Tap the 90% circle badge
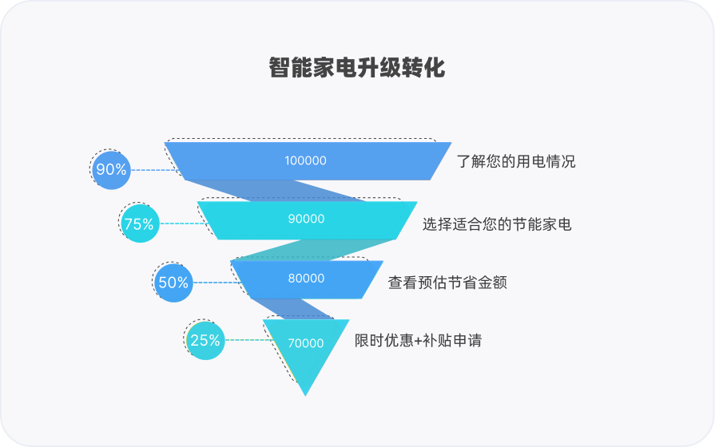(x=111, y=169)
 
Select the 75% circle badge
(x=139, y=224)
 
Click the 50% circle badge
(x=173, y=282)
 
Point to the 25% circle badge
(x=205, y=340)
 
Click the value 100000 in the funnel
(x=305, y=160)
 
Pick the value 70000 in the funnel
(x=305, y=343)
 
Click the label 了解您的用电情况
(x=516, y=161)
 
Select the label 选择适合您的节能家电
(x=497, y=224)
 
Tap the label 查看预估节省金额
(x=447, y=282)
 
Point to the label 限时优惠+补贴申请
(x=418, y=340)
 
